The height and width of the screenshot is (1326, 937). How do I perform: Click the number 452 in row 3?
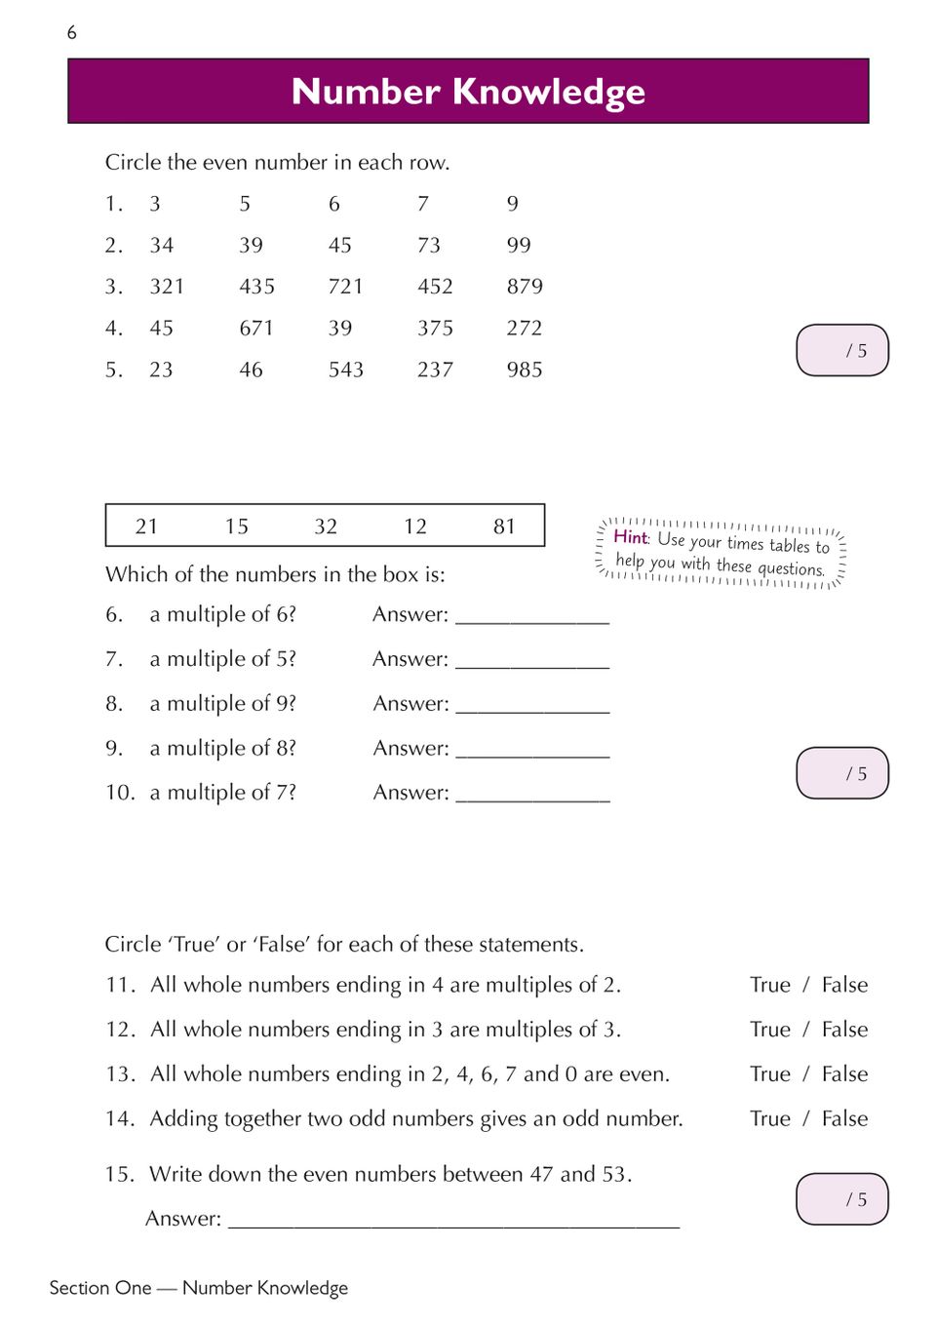coord(435,287)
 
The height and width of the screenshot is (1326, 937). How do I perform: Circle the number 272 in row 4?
coord(524,329)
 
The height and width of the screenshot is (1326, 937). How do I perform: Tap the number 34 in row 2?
coord(161,246)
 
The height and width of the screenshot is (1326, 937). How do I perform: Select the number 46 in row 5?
coord(251,370)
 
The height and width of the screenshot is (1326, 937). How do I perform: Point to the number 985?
coord(524,370)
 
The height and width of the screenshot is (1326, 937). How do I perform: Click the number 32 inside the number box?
coord(326,527)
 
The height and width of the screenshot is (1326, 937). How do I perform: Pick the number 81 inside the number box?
coord(504,527)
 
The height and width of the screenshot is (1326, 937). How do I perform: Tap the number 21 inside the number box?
coord(146,527)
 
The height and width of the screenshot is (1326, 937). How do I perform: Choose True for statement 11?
coord(769,986)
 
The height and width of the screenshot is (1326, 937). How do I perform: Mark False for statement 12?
coord(844,1031)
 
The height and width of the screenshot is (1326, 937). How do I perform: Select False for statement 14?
coord(844,1119)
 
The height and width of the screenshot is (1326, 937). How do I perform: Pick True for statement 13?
coord(769,1074)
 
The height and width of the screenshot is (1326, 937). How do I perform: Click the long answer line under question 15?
coord(453,1221)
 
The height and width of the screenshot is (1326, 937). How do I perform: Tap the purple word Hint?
coord(630,536)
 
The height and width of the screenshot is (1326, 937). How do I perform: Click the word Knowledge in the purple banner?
coord(549,92)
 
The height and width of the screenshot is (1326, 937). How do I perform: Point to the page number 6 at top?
coord(71,33)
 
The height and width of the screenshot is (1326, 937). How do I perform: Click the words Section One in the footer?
coord(100,1288)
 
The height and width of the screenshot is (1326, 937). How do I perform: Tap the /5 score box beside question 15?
coord(842,1199)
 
